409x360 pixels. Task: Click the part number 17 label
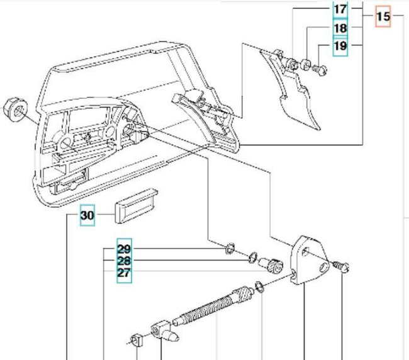(340, 9)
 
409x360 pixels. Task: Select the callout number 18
(340, 29)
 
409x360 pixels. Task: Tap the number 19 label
(340, 47)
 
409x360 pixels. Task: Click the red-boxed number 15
(383, 17)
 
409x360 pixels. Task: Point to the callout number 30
(87, 217)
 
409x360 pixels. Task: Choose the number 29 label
(124, 249)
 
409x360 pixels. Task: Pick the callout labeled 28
(124, 261)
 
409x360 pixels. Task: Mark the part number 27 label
(124, 273)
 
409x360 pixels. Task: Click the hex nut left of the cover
(13, 109)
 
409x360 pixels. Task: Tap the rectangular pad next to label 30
(135, 205)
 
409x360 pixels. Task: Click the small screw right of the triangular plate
(343, 267)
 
